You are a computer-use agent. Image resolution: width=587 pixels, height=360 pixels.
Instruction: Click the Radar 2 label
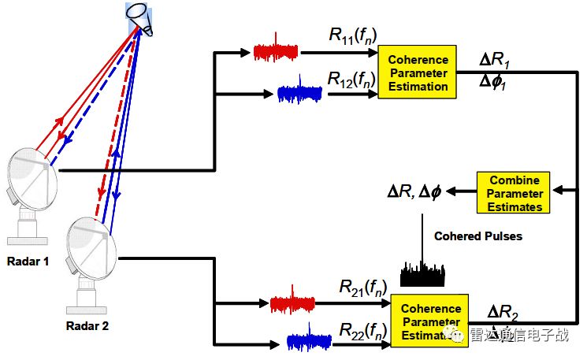coord(87,325)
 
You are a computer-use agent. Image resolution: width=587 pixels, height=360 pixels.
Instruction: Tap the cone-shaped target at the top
coord(140,19)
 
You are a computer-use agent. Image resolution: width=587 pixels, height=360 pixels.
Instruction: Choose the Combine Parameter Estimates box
coord(510,193)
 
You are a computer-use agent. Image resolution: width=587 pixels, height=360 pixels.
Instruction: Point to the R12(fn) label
coord(351,79)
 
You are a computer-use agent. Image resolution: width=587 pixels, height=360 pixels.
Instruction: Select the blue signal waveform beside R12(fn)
coord(299,93)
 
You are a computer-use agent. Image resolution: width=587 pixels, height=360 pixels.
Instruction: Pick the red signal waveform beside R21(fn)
coord(292,303)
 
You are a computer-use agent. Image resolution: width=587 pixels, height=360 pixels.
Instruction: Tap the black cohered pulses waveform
coord(423,274)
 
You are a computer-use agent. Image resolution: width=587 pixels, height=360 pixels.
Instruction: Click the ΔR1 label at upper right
coord(496,60)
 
